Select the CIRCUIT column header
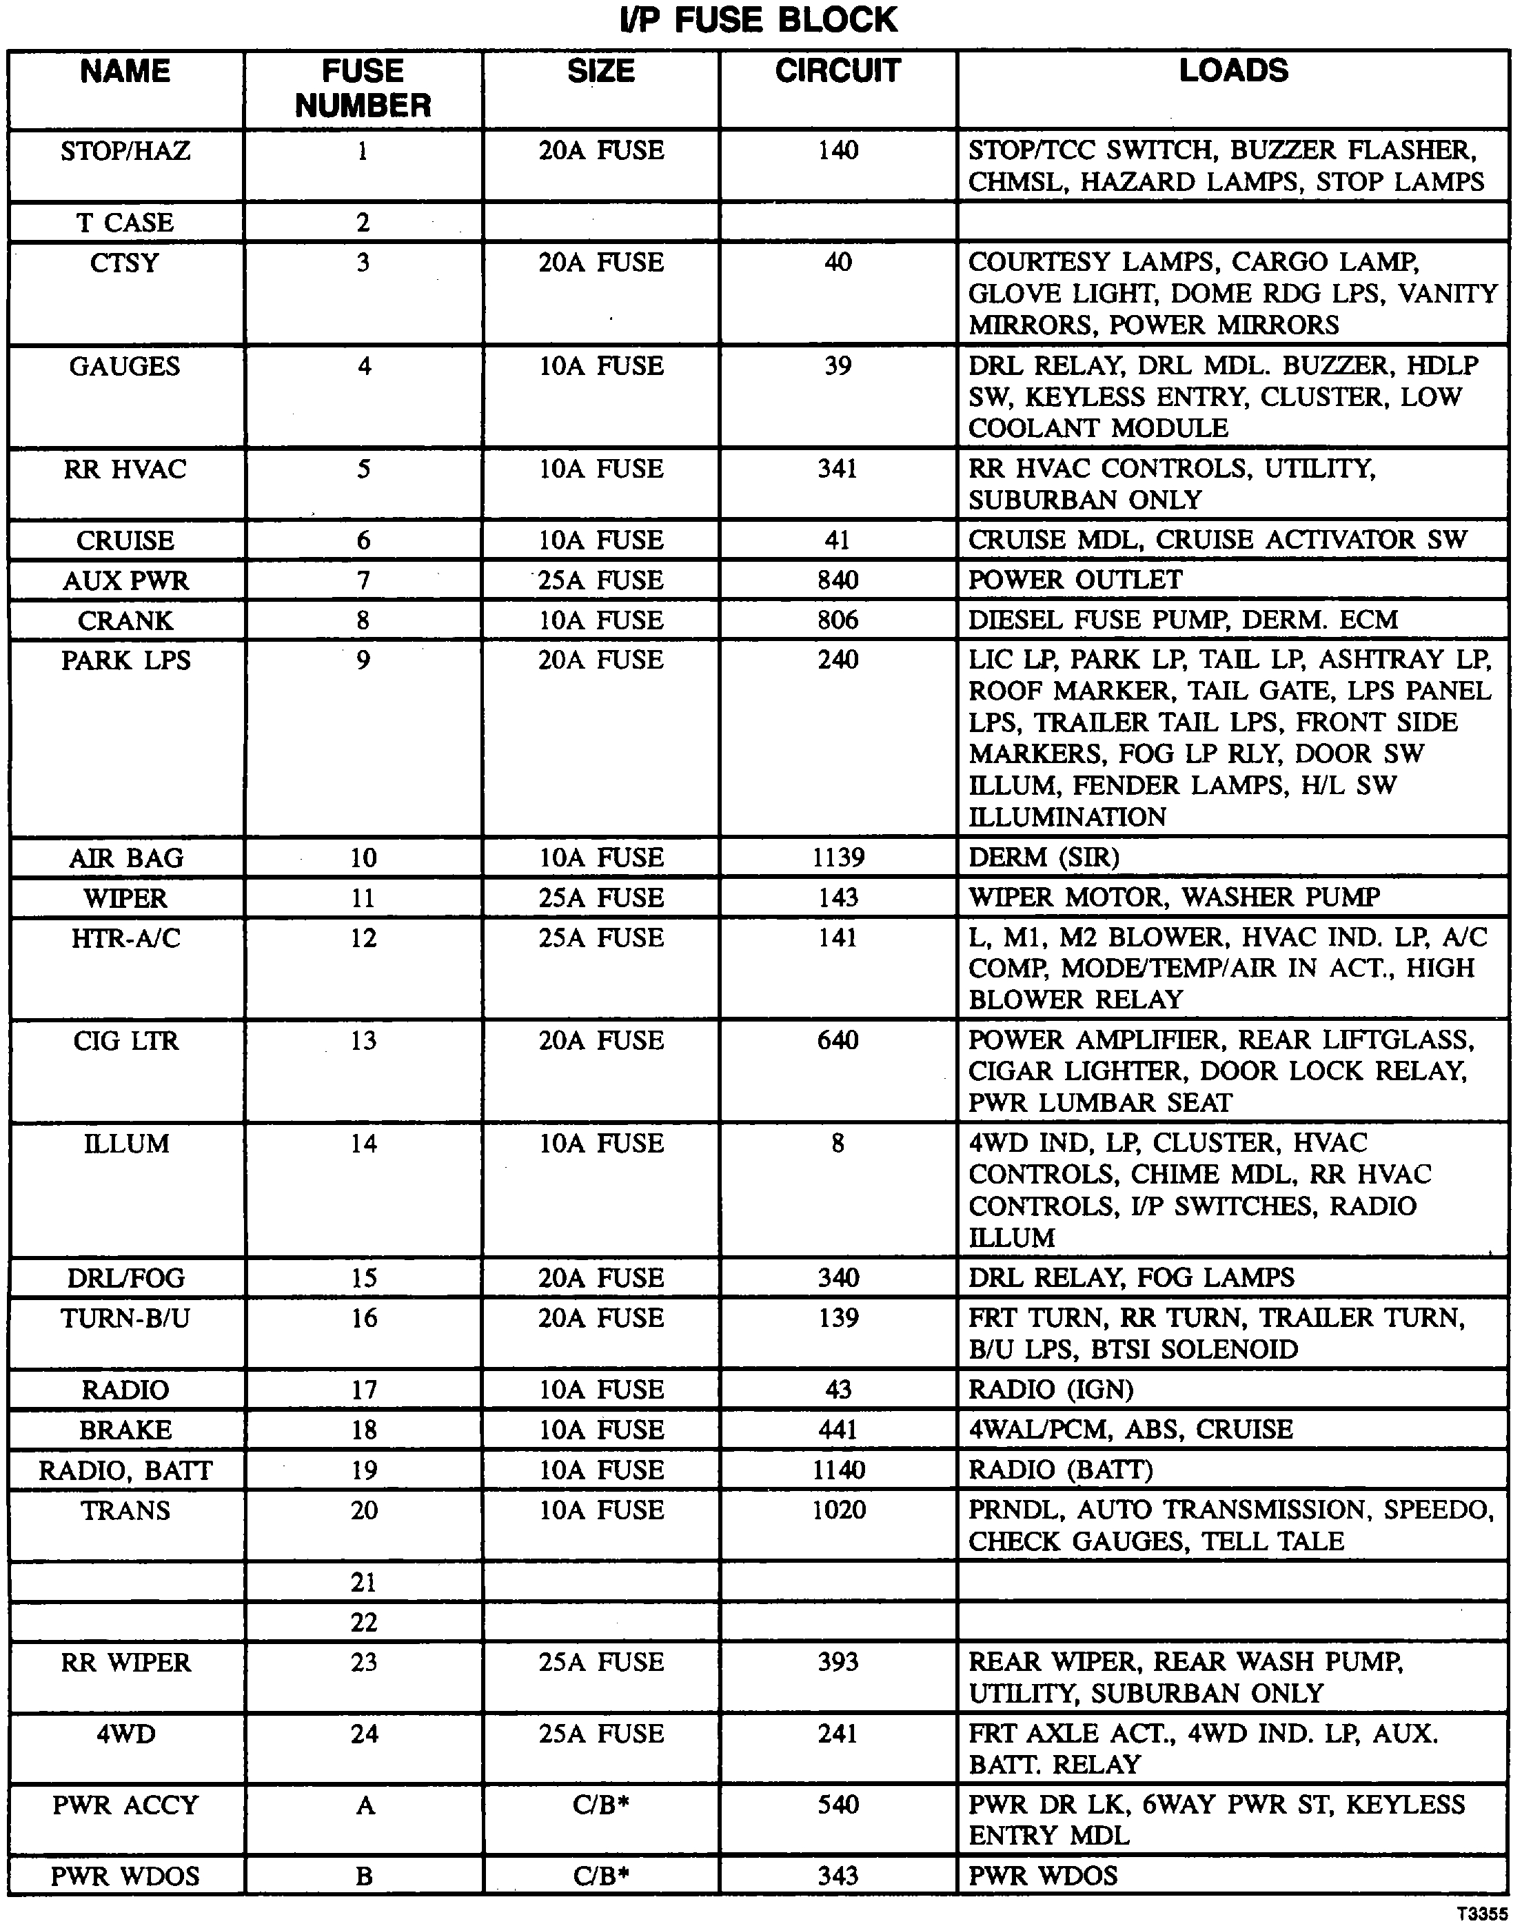838,71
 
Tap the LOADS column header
1233,71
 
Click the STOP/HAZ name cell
125,152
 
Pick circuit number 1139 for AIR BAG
838,858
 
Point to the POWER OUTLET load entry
1075,580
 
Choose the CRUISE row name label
125,541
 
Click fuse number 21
363,1583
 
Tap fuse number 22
363,1622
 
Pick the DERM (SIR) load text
1044,858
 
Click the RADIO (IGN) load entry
1051,1390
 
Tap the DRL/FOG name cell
125,1278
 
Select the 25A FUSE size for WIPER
602,898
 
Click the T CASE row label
125,223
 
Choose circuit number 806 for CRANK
838,620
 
